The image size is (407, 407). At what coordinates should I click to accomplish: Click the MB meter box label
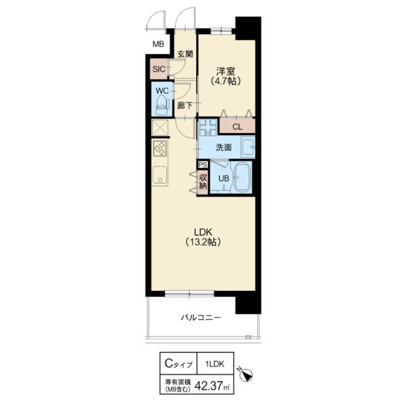(158, 44)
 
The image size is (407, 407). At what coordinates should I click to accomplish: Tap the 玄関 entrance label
(185, 54)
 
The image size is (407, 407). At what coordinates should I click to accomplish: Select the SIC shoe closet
(159, 69)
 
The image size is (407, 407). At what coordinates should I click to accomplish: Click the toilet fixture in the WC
(162, 105)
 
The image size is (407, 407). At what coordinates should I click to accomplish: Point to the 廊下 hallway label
(185, 106)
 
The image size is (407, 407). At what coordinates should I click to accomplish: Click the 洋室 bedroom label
(226, 71)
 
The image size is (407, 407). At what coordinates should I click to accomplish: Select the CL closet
(237, 126)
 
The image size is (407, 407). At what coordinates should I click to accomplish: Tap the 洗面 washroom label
(224, 147)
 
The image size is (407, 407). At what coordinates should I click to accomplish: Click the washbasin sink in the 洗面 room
(248, 147)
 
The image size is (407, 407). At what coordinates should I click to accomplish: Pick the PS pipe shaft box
(203, 165)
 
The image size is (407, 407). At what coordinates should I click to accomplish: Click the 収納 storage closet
(203, 182)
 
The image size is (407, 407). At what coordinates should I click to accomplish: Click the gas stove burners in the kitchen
(160, 148)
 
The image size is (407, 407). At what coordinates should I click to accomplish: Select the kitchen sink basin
(160, 175)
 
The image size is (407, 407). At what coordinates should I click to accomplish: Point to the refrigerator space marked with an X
(160, 128)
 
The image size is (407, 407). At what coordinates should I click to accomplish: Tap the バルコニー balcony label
(201, 317)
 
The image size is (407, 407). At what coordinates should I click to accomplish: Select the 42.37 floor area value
(209, 386)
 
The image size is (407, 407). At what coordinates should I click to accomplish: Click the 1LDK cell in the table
(215, 364)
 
